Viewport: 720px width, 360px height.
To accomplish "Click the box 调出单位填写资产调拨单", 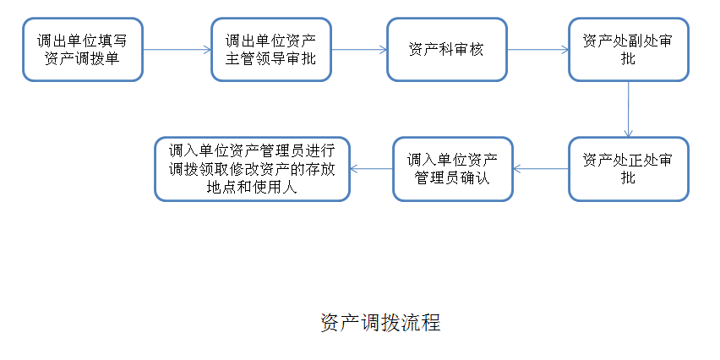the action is [83, 50].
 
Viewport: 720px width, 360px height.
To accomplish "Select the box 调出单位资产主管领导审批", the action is [271, 50].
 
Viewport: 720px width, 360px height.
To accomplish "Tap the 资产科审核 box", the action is [447, 50].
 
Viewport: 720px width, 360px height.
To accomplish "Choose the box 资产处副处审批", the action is [629, 50].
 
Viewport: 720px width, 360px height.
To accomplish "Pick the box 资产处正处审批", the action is [629, 169].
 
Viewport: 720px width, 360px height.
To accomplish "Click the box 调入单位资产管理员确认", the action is [453, 169].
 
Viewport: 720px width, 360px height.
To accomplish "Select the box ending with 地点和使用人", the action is [252, 169].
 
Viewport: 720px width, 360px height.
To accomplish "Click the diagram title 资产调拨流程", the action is [380, 323].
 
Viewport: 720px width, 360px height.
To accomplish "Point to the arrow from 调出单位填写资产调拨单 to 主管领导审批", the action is [177, 50].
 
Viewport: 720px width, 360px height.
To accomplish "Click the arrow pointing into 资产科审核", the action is [359, 50].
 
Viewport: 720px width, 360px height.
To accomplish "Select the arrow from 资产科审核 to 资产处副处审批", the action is [538, 50].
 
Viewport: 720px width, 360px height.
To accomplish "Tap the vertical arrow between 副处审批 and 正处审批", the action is [628, 109].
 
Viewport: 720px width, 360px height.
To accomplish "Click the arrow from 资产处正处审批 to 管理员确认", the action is [541, 169].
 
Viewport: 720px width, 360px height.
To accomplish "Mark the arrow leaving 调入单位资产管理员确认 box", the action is [372, 169].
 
